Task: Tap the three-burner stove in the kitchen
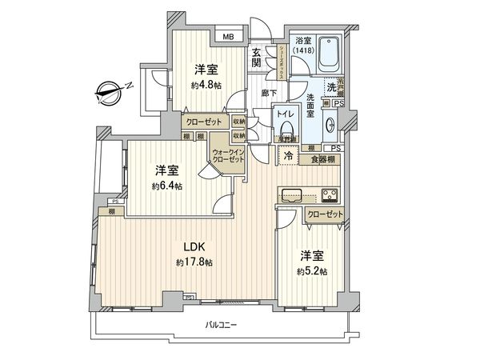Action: tap(329, 194)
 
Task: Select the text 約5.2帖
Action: tap(311, 270)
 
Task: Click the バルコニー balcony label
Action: tap(220, 324)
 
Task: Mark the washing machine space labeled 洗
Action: tap(330, 86)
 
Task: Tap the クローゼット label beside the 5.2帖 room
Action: tap(325, 214)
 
